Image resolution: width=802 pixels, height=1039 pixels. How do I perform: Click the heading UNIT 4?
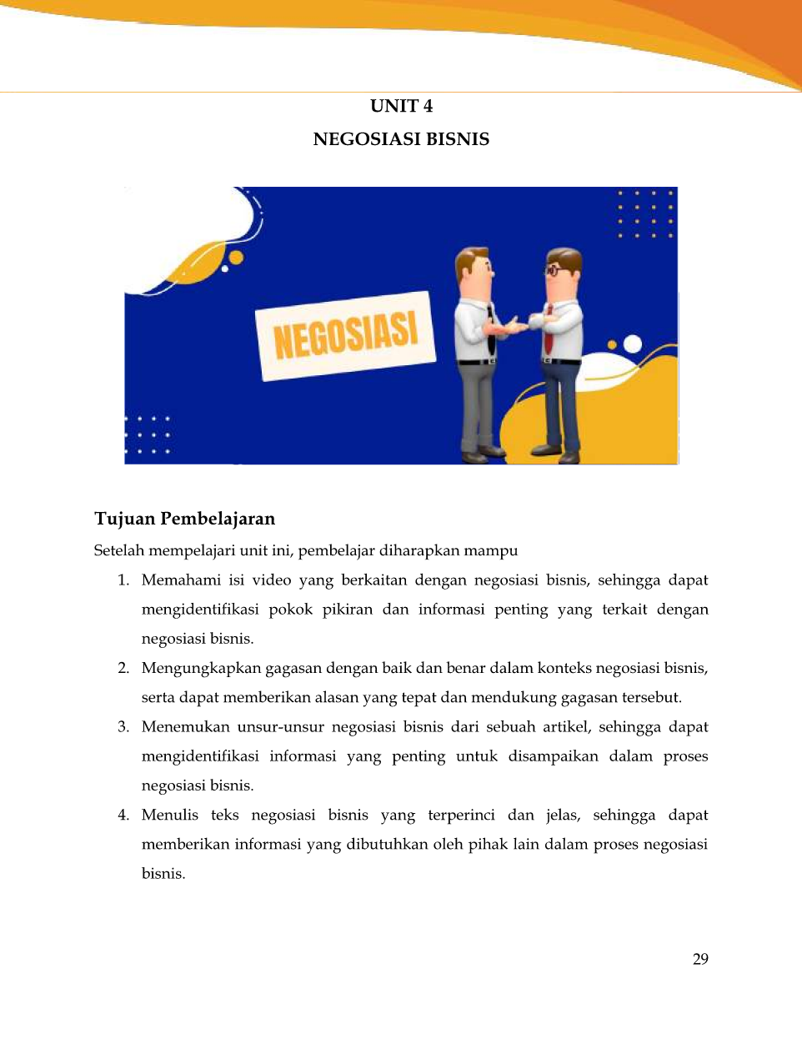401,106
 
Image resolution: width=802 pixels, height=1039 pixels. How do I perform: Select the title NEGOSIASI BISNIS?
401,139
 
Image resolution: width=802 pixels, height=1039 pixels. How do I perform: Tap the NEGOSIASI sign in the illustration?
345,336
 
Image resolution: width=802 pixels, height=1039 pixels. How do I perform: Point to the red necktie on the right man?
549,330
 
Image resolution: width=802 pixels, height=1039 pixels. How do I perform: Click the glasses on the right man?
554,270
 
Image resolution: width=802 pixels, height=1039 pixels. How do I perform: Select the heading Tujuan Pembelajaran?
184,519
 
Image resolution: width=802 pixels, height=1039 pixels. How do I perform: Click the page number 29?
700,959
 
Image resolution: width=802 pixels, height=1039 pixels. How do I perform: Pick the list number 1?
123,580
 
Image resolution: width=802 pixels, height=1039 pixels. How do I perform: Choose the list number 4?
123,816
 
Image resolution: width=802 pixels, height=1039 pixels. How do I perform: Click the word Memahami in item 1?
181,580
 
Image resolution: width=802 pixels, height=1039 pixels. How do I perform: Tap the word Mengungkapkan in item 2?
201,668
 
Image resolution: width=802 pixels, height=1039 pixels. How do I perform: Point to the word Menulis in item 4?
170,816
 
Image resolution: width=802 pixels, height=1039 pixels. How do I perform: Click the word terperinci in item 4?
461,816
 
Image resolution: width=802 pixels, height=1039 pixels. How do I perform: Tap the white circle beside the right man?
633,344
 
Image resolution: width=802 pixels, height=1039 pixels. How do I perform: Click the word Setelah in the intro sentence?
119,550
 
